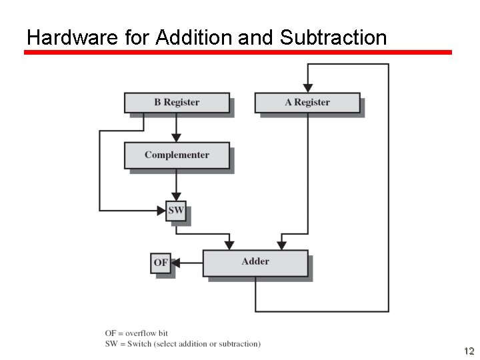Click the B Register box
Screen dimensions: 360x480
pyautogui.click(x=177, y=103)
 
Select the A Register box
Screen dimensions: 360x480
pyautogui.click(x=307, y=103)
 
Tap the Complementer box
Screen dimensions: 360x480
pyautogui.click(x=177, y=155)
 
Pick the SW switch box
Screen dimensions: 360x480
pyautogui.click(x=176, y=211)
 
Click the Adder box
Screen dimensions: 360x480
pyautogui.click(x=255, y=262)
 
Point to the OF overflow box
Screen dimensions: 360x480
pyautogui.click(x=161, y=263)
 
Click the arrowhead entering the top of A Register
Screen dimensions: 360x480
pyautogui.click(x=307, y=88)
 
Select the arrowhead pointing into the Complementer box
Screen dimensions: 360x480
pyautogui.click(x=177, y=137)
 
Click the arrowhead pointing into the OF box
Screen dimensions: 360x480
pyautogui.click(x=175, y=263)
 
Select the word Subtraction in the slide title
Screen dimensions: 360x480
pyautogui.click(x=333, y=37)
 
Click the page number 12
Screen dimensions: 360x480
pyautogui.click(x=469, y=351)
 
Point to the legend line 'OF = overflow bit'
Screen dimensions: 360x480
pyautogui.click(x=136, y=333)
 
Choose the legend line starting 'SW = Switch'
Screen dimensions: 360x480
pyautogui.click(x=183, y=344)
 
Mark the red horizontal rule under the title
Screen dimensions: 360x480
pyautogui.click(x=238, y=52)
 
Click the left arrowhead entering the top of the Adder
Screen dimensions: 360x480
pyautogui.click(x=229, y=245)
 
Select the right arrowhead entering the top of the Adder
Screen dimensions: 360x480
pyautogui.click(x=281, y=245)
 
